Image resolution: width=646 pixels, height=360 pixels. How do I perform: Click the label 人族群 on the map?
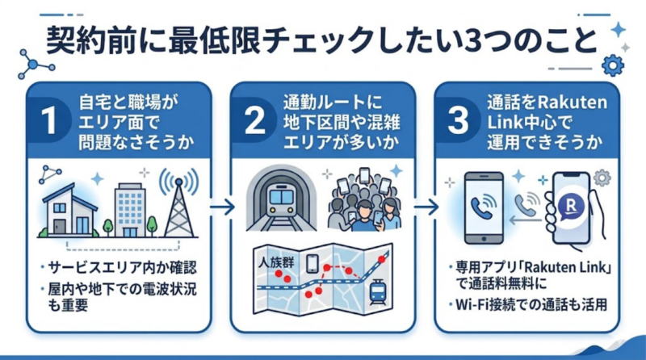point(276,263)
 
